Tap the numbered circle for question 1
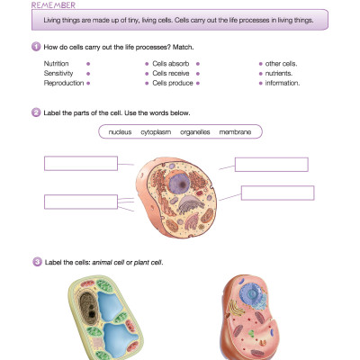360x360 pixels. [x=35, y=46]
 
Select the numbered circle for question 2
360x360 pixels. [x=35, y=113]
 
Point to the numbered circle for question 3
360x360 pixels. [x=35, y=262]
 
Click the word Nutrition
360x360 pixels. [x=56, y=65]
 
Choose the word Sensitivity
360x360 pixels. [x=58, y=74]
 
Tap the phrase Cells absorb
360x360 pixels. [x=169, y=65]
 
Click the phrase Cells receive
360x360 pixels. [x=170, y=74]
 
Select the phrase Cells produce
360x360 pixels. [x=171, y=83]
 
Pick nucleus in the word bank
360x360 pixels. [x=120, y=132]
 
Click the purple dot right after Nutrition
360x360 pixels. [x=87, y=65]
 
